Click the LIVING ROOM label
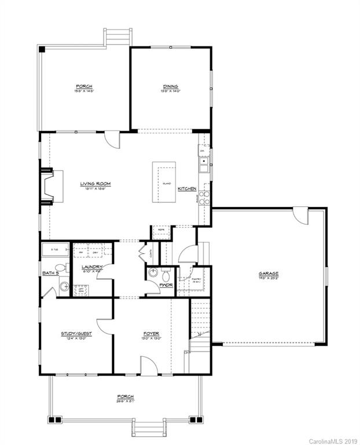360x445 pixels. [x=95, y=184]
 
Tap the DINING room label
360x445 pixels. [x=171, y=86]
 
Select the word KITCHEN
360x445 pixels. [x=187, y=189]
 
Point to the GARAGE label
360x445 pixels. [x=269, y=273]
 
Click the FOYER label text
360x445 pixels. [x=152, y=334]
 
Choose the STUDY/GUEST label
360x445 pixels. [x=76, y=334]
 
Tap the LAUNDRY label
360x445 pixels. [x=92, y=267]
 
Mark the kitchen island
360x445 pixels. [x=164, y=182]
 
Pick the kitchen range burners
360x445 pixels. [x=204, y=199]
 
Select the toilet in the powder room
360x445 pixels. [x=166, y=272]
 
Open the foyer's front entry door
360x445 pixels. [x=149, y=366]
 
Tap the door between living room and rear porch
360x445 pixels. [x=112, y=139]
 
